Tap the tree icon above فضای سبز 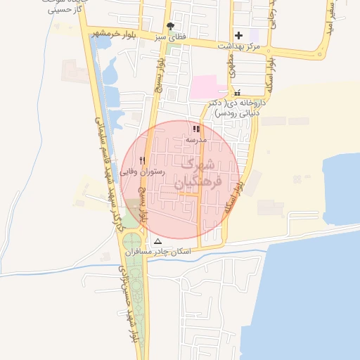point(170,25)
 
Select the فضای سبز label point(170,36)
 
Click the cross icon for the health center point(239,34)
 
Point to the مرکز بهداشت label point(239,45)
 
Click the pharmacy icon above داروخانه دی point(237,92)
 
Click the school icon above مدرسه point(196,129)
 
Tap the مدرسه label point(196,140)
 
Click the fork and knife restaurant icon point(143,160)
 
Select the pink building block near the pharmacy point(208,88)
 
